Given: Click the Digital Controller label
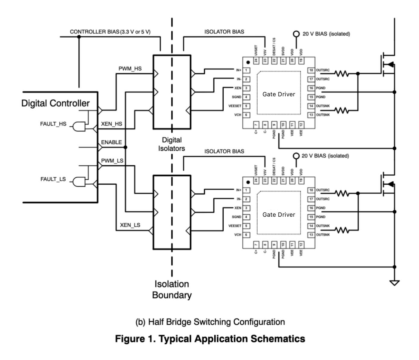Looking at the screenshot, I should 55,103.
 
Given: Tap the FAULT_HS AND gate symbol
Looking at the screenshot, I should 79,126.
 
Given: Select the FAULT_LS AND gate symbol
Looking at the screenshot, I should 79,182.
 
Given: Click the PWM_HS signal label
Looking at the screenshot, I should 130,69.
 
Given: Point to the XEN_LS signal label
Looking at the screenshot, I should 130,225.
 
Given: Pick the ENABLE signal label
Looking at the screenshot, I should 111,142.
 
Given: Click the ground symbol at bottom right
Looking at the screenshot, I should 394,283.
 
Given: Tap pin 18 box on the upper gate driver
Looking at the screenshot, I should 311,70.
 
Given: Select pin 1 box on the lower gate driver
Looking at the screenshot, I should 246,190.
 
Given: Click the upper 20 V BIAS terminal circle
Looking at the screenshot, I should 296,34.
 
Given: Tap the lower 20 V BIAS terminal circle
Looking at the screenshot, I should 296,156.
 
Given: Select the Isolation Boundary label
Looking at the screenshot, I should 172,290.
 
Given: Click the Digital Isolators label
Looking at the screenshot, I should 172,144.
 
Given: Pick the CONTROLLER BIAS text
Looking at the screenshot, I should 110,32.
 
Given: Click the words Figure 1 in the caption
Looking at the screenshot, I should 135,339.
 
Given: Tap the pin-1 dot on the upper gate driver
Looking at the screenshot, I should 248,62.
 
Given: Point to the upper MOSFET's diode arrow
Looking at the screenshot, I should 390,64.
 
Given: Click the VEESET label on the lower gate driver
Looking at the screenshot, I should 235,226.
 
